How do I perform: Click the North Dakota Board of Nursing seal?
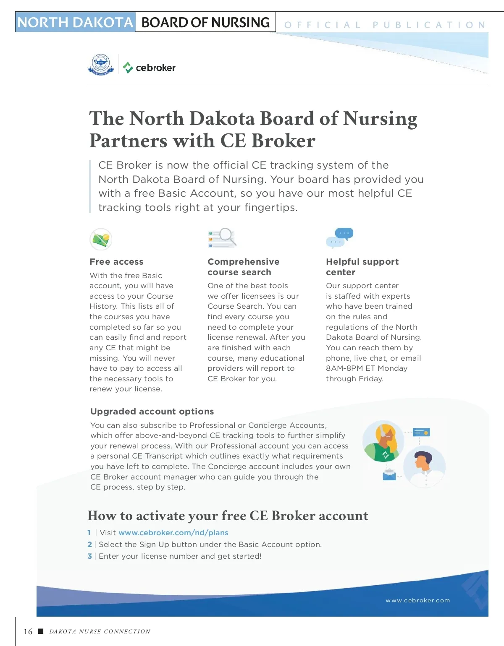tap(101, 65)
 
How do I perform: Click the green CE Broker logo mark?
tap(128, 67)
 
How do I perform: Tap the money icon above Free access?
tap(101, 239)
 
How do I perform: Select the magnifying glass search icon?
tap(223, 238)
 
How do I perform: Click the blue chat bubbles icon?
tap(340, 238)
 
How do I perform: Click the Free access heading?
tap(116, 262)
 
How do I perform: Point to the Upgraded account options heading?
tap(152, 412)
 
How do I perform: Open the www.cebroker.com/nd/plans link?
tap(173, 533)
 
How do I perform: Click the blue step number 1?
tap(89, 533)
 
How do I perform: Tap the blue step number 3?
tap(89, 556)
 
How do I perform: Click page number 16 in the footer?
tap(28, 632)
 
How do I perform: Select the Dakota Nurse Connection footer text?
tap(100, 632)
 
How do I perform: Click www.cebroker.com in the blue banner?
tap(417, 601)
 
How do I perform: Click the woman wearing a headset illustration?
tap(383, 441)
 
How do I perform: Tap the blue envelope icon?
tap(389, 475)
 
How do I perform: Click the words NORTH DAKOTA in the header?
tap(75, 23)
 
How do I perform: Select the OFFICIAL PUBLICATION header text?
tap(385, 25)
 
